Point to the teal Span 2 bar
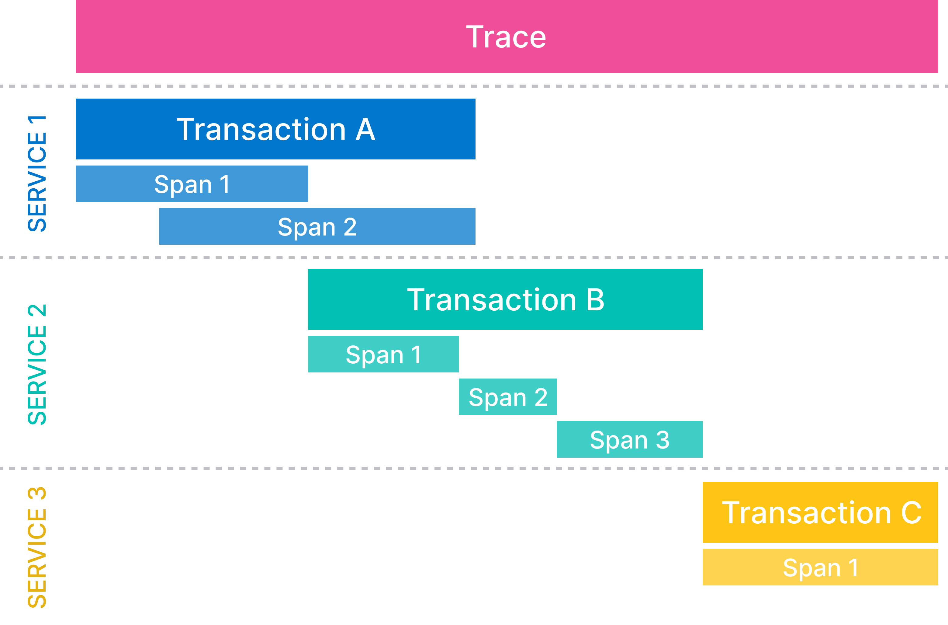[x=508, y=397]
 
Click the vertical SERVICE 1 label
[x=37, y=174]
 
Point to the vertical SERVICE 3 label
[x=37, y=547]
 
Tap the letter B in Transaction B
[x=595, y=300]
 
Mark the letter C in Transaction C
[x=911, y=513]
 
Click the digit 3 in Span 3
[x=663, y=440]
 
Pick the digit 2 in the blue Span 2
[x=350, y=227]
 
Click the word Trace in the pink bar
[x=506, y=37]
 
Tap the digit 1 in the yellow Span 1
[x=853, y=567]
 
